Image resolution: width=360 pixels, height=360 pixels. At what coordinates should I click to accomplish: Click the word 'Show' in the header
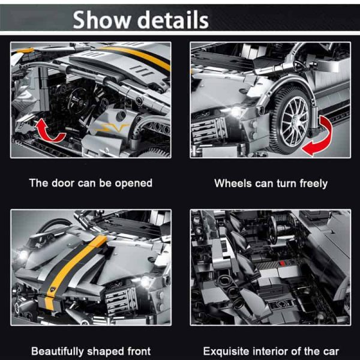101,20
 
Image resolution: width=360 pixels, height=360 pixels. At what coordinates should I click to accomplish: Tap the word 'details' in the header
173,20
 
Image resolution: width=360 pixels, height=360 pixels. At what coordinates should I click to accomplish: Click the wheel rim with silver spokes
295,121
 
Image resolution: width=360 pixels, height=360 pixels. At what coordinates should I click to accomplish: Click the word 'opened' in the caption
134,184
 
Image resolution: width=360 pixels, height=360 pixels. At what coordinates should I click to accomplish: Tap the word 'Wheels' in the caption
233,183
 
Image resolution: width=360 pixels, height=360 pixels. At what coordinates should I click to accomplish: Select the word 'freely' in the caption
314,184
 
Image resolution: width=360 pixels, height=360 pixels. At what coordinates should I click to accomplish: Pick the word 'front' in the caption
139,351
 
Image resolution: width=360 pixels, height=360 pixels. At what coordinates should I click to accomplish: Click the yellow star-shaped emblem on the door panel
113,128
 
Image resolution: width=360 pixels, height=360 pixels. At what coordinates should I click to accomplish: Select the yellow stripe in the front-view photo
76,271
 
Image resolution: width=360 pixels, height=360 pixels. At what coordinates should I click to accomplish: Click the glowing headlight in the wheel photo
236,112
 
